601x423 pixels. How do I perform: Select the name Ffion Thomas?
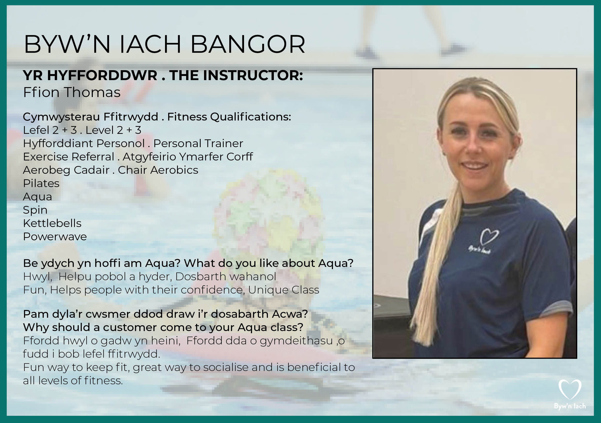point(72,92)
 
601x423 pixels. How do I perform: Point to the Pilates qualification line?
point(41,183)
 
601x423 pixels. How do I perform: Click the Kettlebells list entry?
point(52,223)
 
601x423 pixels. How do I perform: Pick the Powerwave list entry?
point(55,237)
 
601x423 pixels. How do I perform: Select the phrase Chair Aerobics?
point(158,170)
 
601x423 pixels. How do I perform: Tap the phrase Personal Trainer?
point(198,143)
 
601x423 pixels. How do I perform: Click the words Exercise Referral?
point(69,157)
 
